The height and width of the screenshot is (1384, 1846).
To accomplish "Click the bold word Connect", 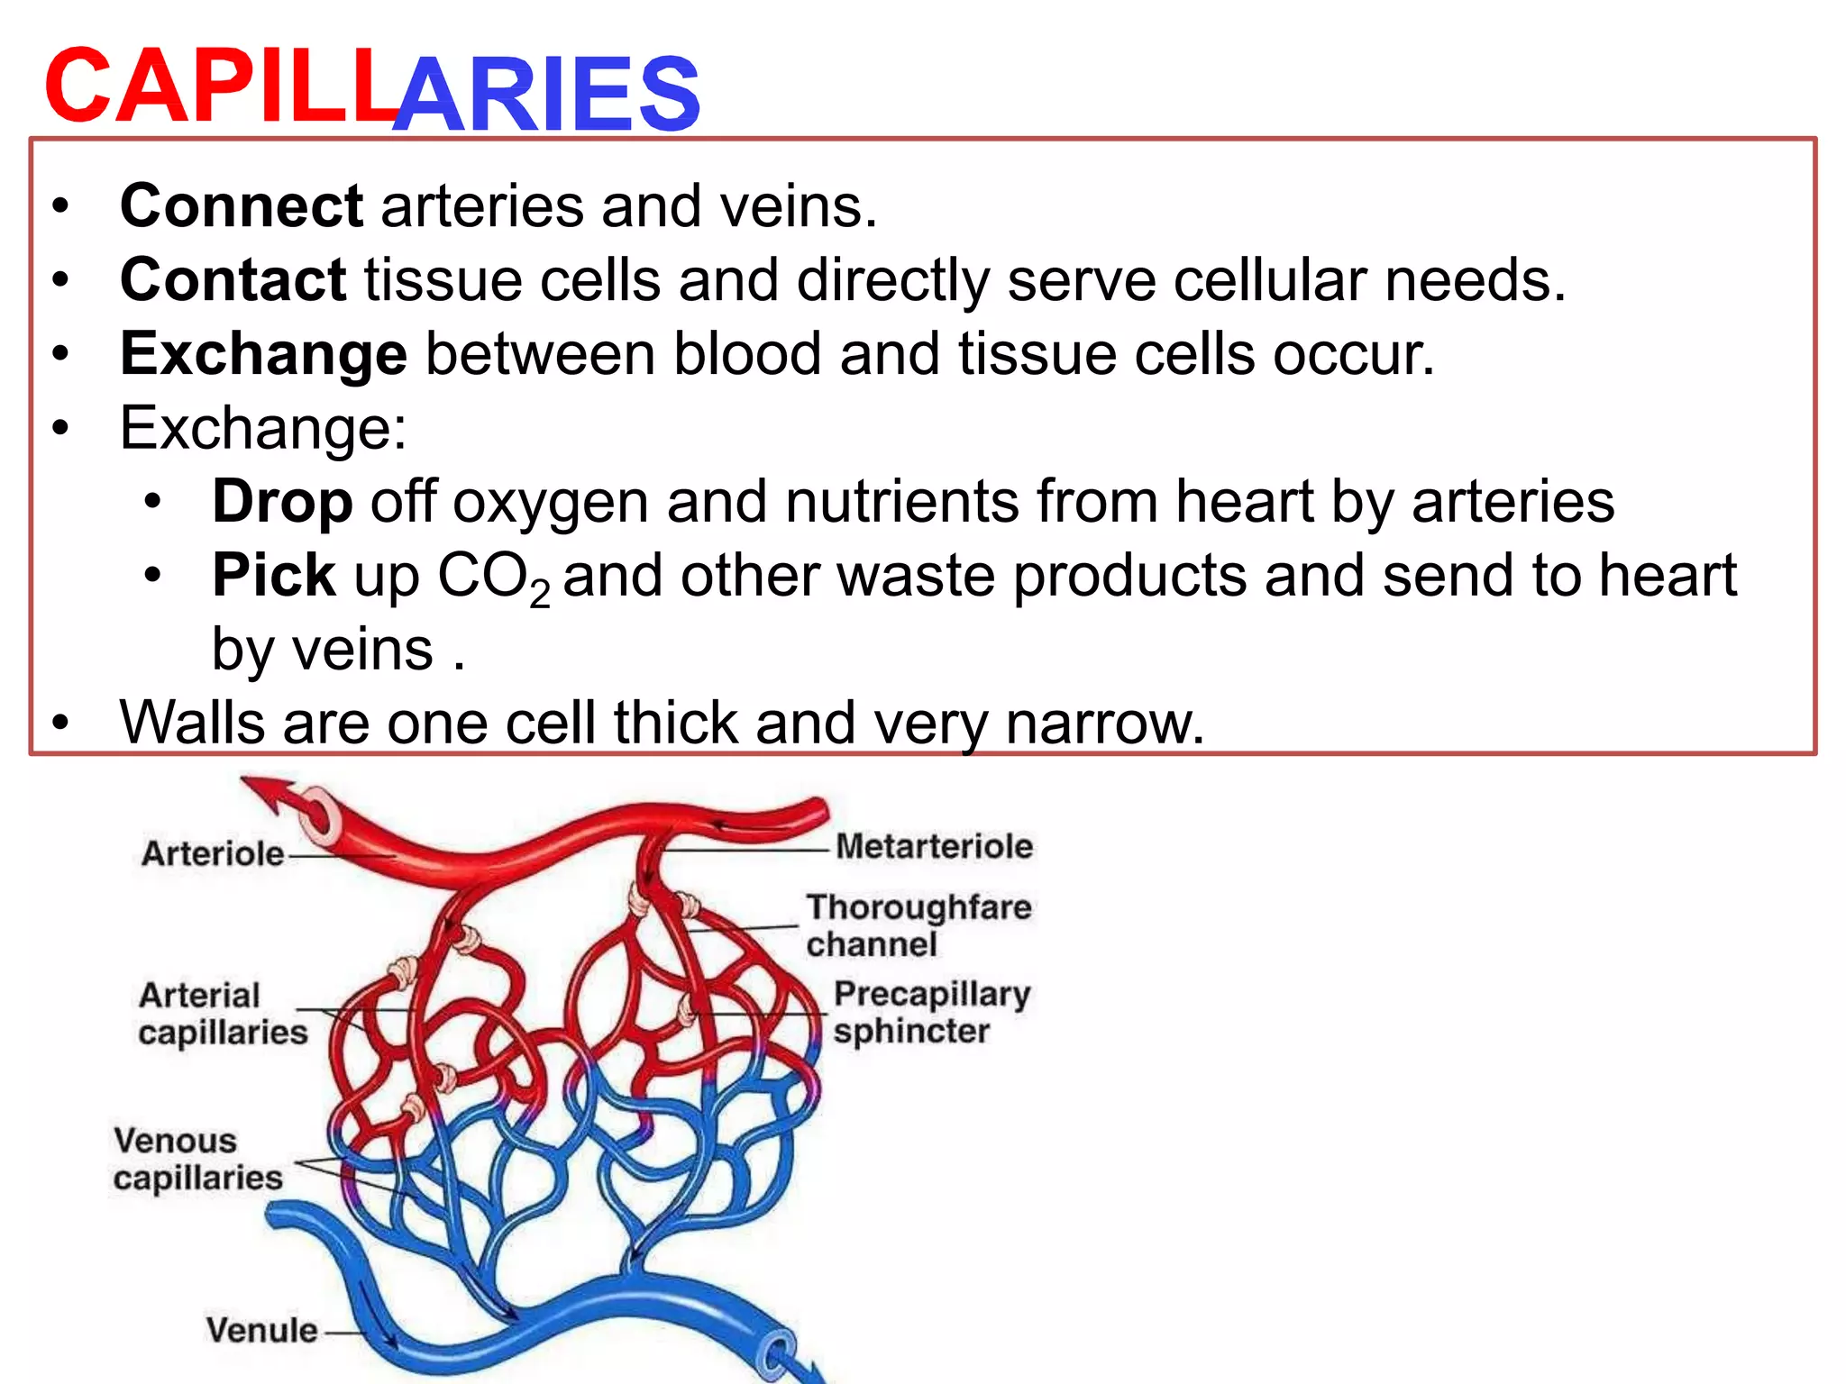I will (241, 206).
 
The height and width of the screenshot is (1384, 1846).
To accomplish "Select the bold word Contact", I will (233, 280).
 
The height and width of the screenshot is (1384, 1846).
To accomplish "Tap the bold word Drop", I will (281, 502).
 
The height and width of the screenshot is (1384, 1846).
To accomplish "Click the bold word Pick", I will (273, 576).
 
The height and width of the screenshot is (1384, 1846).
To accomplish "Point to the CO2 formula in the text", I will (493, 578).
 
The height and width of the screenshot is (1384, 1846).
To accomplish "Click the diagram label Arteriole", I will (213, 853).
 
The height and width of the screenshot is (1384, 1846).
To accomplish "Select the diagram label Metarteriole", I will (934, 847).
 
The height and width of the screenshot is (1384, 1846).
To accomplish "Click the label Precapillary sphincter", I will (930, 1012).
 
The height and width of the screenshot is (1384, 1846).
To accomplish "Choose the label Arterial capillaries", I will (222, 1014).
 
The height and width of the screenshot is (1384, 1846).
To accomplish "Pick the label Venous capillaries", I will (197, 1159).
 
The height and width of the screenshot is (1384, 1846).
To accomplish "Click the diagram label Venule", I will (261, 1330).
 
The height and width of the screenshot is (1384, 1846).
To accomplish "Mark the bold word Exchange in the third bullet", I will (263, 354).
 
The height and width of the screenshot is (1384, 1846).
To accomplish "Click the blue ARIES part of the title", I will (548, 93).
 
